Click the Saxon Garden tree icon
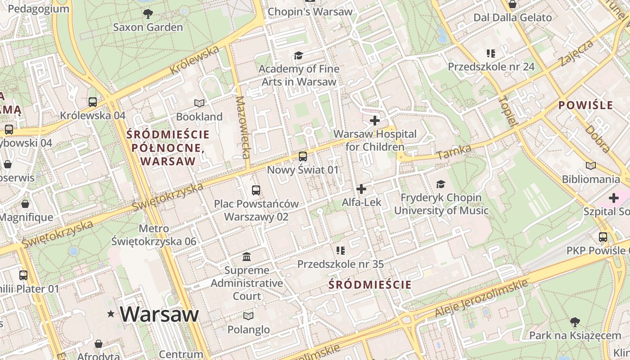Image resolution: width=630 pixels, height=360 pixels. pos(148,14)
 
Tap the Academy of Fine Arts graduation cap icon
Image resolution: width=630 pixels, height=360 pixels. pos(298,55)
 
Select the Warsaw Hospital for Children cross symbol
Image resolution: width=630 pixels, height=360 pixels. pos(375,121)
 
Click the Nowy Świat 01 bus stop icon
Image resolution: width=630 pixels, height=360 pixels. pos(303,157)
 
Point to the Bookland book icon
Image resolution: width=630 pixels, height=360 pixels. pos(199,103)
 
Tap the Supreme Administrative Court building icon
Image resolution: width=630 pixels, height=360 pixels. pos(247,257)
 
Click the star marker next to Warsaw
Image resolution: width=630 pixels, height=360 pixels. pos(111,314)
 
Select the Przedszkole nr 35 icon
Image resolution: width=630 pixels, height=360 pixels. pos(340,250)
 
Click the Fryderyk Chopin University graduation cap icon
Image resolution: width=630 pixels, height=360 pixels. pos(441,184)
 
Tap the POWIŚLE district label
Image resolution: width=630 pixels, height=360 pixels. pos(585,105)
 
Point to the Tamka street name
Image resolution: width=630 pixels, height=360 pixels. pos(454,153)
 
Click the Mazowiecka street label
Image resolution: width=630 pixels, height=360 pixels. pos(242,127)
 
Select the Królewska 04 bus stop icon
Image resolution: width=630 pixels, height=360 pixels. pos(93,102)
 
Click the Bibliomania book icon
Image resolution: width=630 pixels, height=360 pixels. pos(591,166)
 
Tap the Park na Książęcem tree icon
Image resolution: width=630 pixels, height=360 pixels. pos(575,322)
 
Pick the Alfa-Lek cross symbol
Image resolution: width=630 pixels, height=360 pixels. pos(361,189)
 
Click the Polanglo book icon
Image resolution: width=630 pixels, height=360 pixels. pos(248,316)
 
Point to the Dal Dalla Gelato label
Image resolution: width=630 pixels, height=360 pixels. pos(512,18)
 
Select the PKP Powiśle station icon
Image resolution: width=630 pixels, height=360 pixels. pos(603,237)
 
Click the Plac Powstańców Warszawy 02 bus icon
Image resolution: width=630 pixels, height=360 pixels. pos(256,190)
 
